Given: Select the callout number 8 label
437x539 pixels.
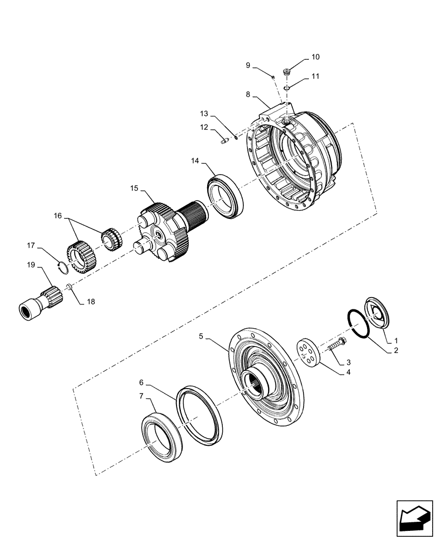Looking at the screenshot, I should [248, 94].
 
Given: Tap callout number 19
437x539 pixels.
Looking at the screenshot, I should [31, 265].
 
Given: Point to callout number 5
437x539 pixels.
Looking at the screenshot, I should [201, 336].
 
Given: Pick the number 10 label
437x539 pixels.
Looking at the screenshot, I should [315, 57].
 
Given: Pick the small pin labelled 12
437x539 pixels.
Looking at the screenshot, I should [225, 142].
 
